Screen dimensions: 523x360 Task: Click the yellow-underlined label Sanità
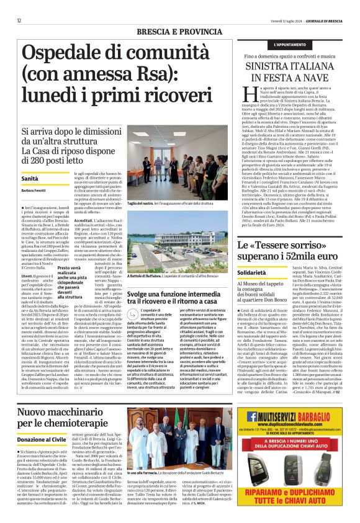click(30, 178)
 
